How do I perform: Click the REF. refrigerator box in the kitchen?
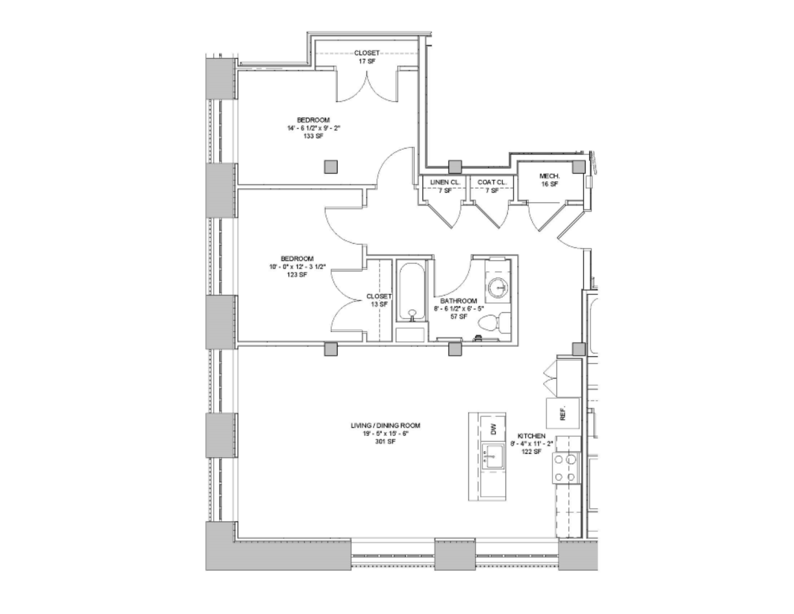[563, 414]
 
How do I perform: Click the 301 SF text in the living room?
[385, 442]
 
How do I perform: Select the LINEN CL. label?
[445, 182]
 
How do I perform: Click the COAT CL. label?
[491, 182]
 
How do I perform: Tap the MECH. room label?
[549, 176]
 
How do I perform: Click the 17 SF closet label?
[367, 61]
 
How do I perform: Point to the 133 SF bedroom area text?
[313, 136]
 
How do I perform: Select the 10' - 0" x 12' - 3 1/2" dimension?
[297, 267]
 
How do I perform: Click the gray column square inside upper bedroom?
[331, 167]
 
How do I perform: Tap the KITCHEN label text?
[531, 436]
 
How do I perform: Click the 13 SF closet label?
[379, 304]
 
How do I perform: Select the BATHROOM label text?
[459, 301]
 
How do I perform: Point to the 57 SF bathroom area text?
[459, 317]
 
